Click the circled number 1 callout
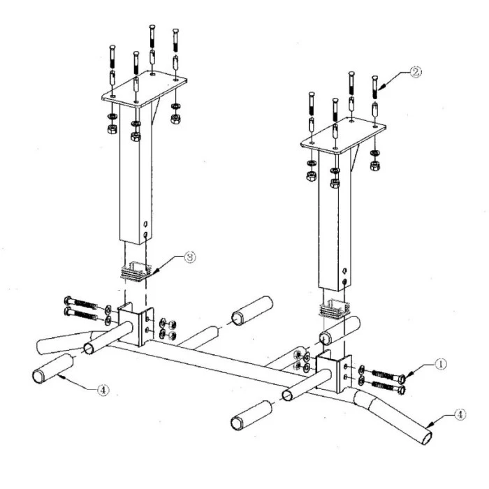[x=440, y=364]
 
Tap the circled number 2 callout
[x=416, y=73]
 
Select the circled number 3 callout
[x=190, y=257]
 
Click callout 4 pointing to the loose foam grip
[x=103, y=390]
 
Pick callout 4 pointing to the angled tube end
[x=460, y=415]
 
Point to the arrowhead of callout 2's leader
[x=381, y=87]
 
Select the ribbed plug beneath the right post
[x=335, y=309]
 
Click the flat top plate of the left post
[x=145, y=89]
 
